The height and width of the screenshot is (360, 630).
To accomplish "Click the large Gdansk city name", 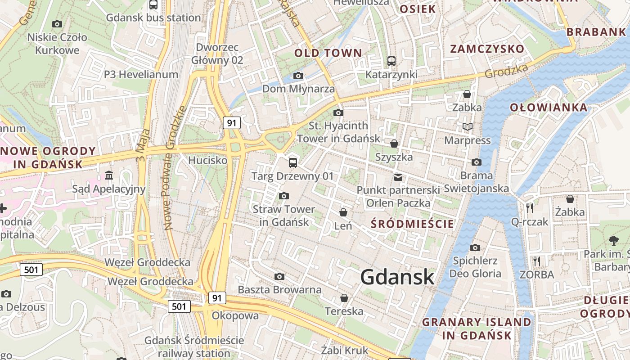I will [x=397, y=277].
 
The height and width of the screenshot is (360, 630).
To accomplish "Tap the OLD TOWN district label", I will [x=328, y=53].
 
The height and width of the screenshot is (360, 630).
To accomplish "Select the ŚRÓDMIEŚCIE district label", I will [x=412, y=224].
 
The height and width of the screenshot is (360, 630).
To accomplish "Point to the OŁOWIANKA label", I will [x=549, y=108].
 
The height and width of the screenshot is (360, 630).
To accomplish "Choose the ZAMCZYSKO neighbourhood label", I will [x=488, y=49].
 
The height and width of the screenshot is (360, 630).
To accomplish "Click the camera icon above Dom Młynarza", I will [x=298, y=76].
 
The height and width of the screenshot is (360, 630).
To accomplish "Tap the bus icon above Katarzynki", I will [x=391, y=61].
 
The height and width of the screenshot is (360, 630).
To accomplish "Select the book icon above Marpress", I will [x=468, y=127].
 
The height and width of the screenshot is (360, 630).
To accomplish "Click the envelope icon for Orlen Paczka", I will [x=398, y=177].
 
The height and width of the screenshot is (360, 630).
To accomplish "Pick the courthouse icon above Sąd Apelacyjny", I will [x=109, y=175].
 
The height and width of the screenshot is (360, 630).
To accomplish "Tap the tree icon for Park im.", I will [x=613, y=240].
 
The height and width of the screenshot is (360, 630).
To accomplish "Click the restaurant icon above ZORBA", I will [x=536, y=261].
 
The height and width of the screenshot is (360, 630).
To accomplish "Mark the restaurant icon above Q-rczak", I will [x=530, y=208].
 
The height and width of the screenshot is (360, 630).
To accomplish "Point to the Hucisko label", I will [x=208, y=160].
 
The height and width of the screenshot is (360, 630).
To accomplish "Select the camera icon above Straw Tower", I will [x=283, y=196].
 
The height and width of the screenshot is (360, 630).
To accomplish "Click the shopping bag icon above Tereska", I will [x=344, y=298].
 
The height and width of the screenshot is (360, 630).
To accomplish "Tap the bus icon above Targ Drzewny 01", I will [x=293, y=162].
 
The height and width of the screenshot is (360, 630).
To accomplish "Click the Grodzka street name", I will [x=506, y=71].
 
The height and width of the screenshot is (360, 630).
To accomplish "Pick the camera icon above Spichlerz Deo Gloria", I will [x=475, y=247].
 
